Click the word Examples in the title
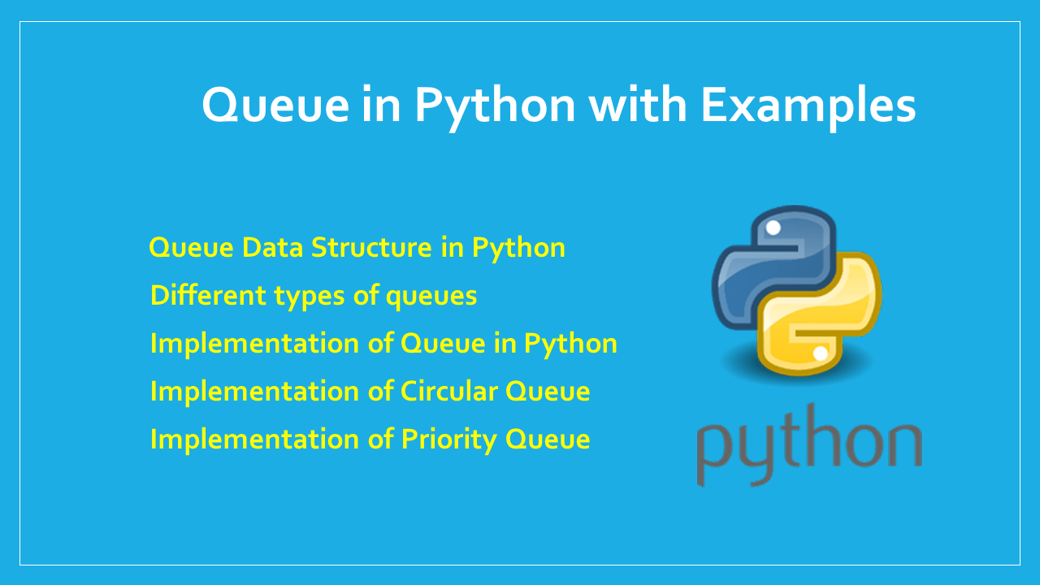(808, 106)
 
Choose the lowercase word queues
(431, 297)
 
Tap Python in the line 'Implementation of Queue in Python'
(570, 344)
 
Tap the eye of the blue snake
(773, 228)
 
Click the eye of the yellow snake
(821, 353)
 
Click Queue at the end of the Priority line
(548, 440)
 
